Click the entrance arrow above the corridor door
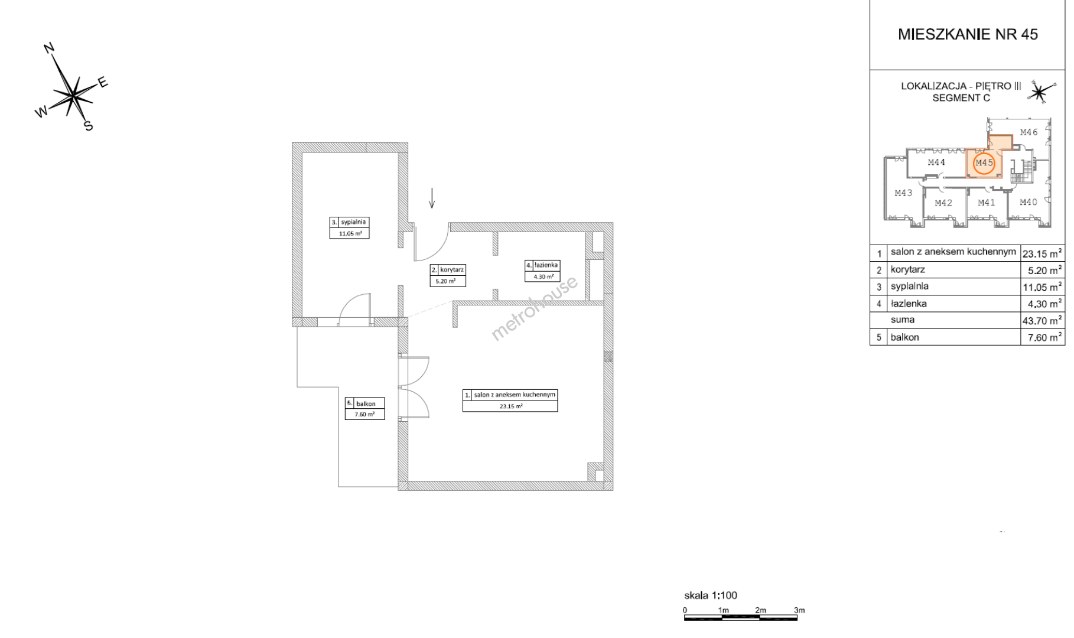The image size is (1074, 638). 432,198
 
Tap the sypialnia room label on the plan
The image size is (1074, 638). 350,227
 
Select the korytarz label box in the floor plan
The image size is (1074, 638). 448,275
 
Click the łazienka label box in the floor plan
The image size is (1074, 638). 542,271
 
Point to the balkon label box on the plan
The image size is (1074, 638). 365,408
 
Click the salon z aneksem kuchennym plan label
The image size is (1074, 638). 510,400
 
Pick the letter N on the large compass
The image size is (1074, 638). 50,48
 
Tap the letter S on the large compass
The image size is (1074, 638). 89,126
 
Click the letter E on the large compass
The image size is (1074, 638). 103,82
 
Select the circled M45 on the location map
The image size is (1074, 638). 984,162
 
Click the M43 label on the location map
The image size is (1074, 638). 903,193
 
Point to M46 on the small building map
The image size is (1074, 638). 1029,132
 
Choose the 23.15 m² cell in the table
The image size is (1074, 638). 1043,253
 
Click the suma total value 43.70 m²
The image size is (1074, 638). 1043,321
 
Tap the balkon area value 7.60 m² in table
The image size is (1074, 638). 1043,337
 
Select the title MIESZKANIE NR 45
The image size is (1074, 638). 968,34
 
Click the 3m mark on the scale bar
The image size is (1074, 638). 799,610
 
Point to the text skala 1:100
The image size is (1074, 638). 710,595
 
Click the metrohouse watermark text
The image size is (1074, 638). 535,308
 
